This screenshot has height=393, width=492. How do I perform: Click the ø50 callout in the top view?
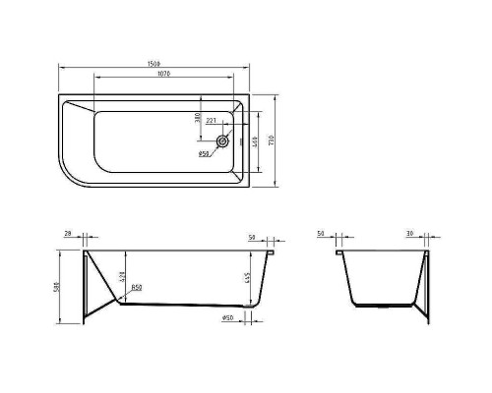204,153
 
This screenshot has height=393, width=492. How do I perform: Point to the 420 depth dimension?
121,278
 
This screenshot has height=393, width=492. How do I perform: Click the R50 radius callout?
136,288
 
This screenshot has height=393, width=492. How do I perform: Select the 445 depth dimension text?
247,280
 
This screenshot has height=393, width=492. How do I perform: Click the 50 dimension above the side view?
252,237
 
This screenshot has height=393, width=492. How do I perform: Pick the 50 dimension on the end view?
321,235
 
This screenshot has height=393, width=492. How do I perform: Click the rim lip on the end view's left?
339,253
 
